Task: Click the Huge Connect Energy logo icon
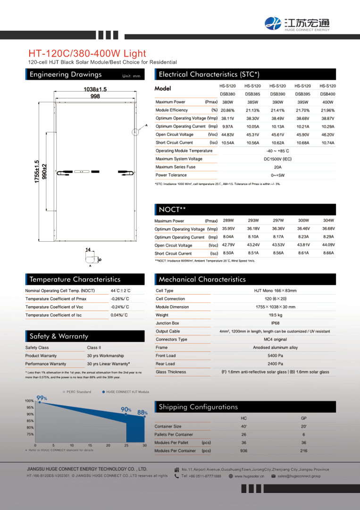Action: (x=273, y=23)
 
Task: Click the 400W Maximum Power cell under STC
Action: (x=327, y=102)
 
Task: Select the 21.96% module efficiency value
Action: (x=327, y=110)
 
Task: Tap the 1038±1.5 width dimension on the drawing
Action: (x=95, y=89)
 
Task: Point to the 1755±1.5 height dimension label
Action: (x=37, y=172)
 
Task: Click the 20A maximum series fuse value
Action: (x=277, y=167)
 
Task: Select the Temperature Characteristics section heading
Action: (x=75, y=280)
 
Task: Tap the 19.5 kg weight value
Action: (x=276, y=315)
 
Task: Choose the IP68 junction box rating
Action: (x=276, y=323)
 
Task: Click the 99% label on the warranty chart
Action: (x=42, y=398)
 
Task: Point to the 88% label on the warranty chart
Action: (x=142, y=412)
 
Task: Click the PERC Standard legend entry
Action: (x=77, y=392)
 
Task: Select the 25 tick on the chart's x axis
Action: (x=126, y=445)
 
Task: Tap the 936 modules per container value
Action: (x=243, y=450)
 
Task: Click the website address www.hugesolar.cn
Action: (x=249, y=476)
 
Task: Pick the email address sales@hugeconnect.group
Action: (x=299, y=476)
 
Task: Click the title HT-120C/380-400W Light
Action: (x=87, y=53)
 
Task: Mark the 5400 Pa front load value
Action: (x=276, y=356)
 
